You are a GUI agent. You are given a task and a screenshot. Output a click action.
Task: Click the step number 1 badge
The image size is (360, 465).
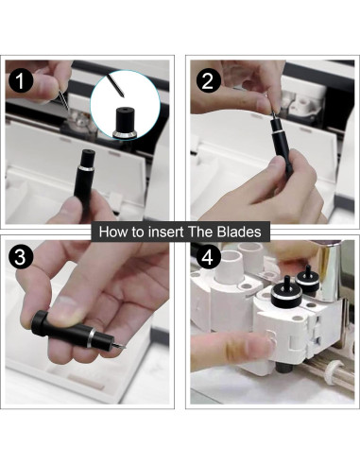[21, 81]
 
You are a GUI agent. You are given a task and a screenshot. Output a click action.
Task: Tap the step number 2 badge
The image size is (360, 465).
[208, 81]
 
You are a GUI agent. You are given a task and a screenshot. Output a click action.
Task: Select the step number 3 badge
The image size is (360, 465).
[20, 257]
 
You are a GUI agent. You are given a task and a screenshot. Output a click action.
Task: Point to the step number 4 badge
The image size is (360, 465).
[208, 257]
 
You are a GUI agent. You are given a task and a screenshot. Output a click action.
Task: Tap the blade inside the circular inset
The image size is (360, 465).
[115, 85]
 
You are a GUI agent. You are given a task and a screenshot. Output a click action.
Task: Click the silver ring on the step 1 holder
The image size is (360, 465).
[88, 169]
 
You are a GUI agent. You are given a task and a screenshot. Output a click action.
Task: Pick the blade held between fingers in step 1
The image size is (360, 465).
[64, 100]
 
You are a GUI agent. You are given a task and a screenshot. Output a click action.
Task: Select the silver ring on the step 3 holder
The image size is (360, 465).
[91, 338]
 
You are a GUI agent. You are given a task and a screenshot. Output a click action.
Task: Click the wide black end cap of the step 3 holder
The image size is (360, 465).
[39, 323]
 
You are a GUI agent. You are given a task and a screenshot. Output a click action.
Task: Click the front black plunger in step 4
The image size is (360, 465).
[286, 293]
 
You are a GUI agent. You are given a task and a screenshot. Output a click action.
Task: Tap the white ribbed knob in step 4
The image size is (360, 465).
[335, 372]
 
